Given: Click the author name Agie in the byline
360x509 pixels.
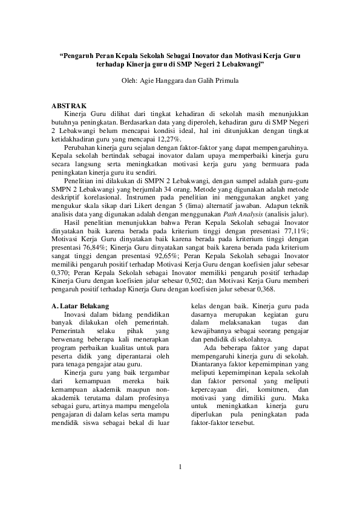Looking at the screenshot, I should pyautogui.click(x=149, y=80).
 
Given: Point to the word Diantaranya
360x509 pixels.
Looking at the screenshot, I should pyautogui.click(x=210, y=365).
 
